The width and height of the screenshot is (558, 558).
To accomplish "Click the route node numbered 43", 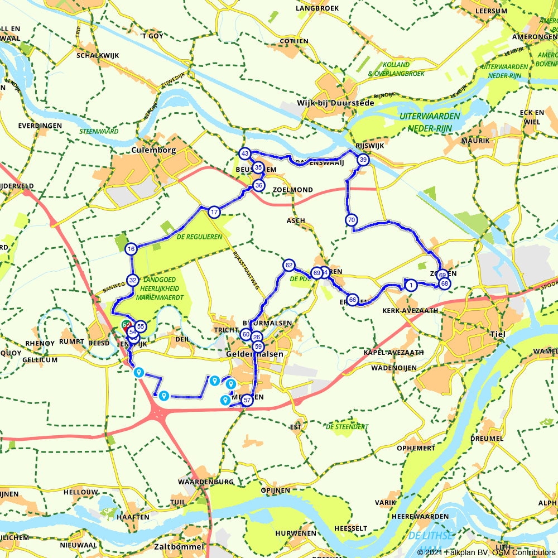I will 244,153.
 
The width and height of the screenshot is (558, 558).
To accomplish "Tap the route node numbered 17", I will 214,212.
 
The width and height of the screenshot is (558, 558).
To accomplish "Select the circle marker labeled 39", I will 363,160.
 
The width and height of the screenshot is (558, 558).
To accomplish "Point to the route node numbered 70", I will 351,220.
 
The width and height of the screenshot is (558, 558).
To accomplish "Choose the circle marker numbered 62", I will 288,265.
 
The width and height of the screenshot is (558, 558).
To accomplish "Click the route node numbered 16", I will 131,249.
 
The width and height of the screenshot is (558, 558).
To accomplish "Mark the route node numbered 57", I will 247,400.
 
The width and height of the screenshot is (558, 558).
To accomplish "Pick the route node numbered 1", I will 411,286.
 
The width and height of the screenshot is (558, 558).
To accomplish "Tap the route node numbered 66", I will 353,300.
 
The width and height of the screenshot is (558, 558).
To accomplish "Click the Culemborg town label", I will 153,150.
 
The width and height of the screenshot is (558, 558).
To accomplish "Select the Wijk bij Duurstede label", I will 342,103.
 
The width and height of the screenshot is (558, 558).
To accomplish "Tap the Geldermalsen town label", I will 254,354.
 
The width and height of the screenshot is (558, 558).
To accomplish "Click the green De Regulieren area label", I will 199,237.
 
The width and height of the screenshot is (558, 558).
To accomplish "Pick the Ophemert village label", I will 416,448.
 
